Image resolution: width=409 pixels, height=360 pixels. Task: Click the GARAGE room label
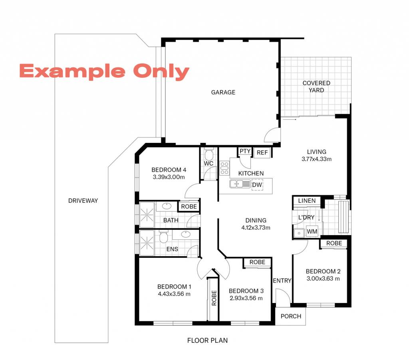[223, 92]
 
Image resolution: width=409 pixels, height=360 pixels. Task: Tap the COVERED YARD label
[316, 87]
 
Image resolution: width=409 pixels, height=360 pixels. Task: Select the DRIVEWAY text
[83, 201]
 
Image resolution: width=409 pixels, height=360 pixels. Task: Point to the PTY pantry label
[245, 151]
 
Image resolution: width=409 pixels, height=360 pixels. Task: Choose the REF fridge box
[262, 152]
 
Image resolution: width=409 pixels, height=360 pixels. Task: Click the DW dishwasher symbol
[257, 185]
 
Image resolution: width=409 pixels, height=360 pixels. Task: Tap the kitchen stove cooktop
[224, 168]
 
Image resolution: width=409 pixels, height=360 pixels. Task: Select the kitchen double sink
[240, 184]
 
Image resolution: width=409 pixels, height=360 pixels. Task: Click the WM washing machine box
[312, 231]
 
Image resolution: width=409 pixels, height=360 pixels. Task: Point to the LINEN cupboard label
[307, 201]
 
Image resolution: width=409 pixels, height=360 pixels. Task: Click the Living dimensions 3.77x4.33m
[316, 159]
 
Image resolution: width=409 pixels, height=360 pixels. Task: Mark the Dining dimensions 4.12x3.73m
[256, 227]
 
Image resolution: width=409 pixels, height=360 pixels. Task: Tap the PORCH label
[291, 316]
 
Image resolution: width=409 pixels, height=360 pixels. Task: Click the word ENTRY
[282, 281]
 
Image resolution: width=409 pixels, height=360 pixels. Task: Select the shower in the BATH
[147, 215]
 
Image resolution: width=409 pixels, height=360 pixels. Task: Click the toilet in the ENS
[163, 237]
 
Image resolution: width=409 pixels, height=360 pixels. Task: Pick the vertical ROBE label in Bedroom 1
[214, 298]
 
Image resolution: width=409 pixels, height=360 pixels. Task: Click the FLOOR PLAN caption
[207, 340]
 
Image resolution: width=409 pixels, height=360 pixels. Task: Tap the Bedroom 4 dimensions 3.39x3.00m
[169, 177]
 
